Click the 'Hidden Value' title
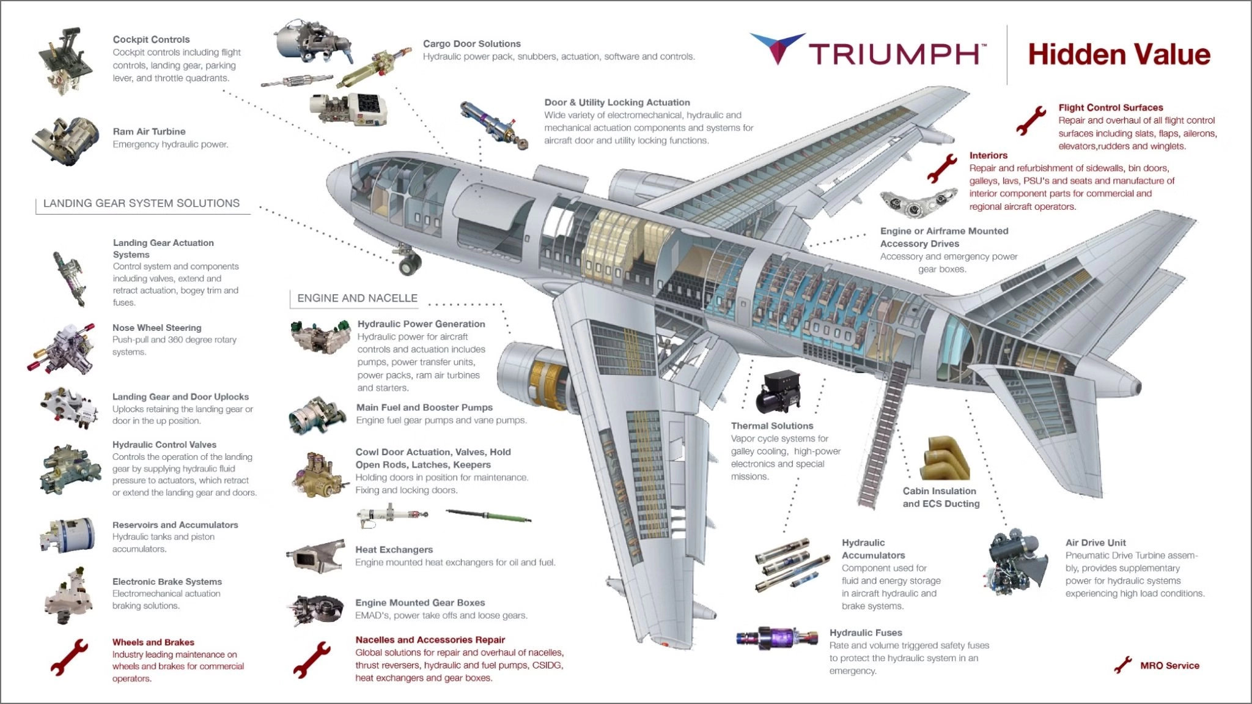(1119, 54)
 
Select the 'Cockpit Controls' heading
(151, 40)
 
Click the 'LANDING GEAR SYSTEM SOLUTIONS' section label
(141, 204)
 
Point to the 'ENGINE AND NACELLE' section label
(357, 298)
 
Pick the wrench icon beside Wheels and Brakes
(68, 658)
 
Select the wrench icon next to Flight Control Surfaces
(1031, 120)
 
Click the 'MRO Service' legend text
(1169, 665)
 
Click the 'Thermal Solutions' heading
(771, 426)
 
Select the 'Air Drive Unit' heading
(1095, 543)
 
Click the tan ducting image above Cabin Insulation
(945, 459)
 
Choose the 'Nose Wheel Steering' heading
(156, 328)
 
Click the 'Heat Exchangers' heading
(394, 550)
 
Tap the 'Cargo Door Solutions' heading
(471, 44)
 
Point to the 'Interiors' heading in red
(988, 155)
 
